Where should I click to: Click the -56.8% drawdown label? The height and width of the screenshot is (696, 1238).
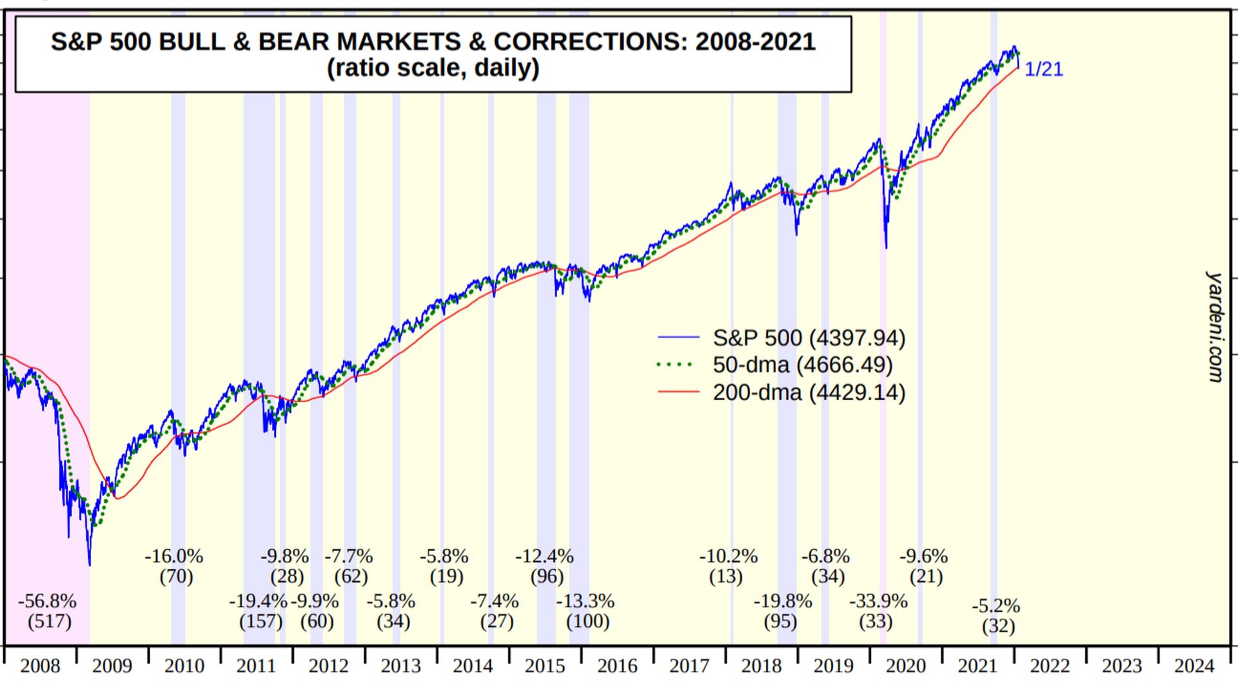point(47,601)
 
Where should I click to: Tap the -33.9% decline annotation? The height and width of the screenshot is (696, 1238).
point(878,601)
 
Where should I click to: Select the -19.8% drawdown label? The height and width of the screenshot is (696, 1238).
point(783,601)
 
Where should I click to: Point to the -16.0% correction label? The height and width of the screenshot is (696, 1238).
point(173,556)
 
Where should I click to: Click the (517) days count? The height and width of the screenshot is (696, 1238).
point(49,621)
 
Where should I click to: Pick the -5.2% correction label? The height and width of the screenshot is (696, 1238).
point(996,606)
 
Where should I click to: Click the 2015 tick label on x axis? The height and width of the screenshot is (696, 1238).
point(544,666)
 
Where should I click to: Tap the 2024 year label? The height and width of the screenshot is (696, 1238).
point(1194,666)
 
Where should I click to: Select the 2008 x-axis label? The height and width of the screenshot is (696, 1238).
point(40,666)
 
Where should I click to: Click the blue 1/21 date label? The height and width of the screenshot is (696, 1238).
point(1043,69)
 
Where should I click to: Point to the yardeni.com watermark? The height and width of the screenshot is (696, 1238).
point(1214,327)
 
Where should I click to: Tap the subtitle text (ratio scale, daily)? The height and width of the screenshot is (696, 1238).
point(433,68)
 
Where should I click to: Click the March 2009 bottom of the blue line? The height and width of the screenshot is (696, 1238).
point(90,565)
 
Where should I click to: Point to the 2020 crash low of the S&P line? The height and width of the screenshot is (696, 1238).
point(886,247)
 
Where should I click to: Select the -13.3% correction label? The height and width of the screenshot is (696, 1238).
point(585,601)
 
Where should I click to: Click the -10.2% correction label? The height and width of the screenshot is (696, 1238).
point(728,556)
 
